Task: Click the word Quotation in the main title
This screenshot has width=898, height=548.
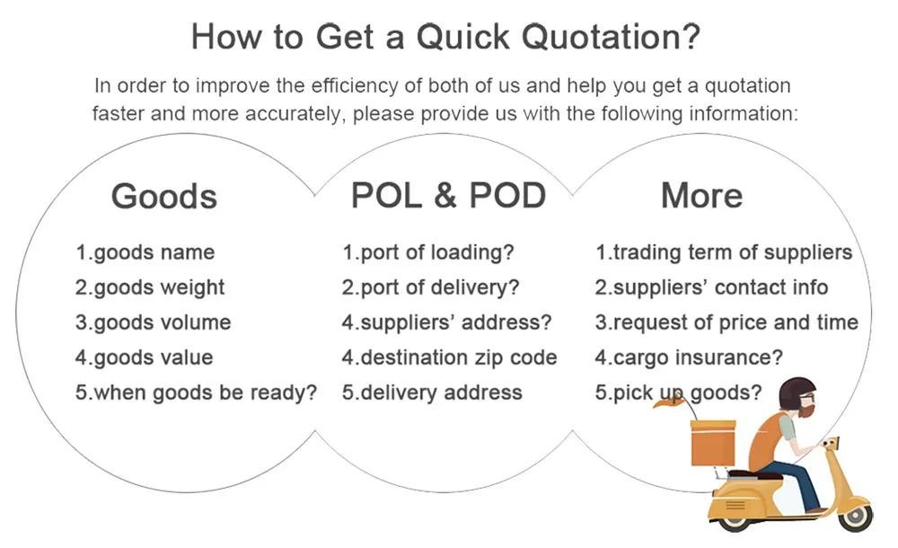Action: pyautogui.click(x=611, y=38)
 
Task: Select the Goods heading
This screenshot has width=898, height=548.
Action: pyautogui.click(x=164, y=196)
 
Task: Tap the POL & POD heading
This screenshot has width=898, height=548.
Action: pyautogui.click(x=448, y=195)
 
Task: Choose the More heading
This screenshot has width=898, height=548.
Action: pyautogui.click(x=701, y=195)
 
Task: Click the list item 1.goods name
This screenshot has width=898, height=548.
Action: pyautogui.click(x=145, y=252)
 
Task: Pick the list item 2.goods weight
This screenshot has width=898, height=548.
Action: pyautogui.click(x=150, y=287)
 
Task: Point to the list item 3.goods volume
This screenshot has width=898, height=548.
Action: pyautogui.click(x=153, y=323)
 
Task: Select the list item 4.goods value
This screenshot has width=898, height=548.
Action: pyautogui.click(x=144, y=358)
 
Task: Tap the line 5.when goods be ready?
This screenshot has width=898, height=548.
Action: pyautogui.click(x=196, y=393)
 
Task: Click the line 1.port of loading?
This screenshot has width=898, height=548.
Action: pyautogui.click(x=428, y=252)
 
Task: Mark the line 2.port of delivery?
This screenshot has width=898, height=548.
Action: pyautogui.click(x=431, y=287)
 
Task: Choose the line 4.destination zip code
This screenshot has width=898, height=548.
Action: pyautogui.click(x=449, y=358)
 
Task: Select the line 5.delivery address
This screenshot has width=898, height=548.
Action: pyautogui.click(x=432, y=393)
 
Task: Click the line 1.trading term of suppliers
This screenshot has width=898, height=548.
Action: pyautogui.click(x=724, y=252)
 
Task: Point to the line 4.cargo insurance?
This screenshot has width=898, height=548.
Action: pyautogui.click(x=689, y=358)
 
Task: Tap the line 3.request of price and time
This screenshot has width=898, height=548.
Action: pyautogui.click(x=726, y=323)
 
